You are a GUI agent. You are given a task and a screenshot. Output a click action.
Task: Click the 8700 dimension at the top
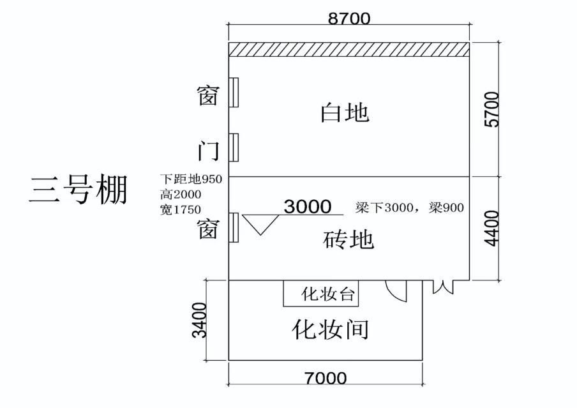pyautogui.click(x=348, y=19)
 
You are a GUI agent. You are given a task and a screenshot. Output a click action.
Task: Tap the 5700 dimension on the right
pyautogui.click(x=493, y=109)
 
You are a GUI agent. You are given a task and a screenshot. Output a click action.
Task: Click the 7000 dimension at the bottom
pyautogui.click(x=326, y=378)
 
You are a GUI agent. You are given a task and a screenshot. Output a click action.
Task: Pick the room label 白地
pyautogui.click(x=345, y=113)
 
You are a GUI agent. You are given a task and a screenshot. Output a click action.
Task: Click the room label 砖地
pyautogui.click(x=348, y=240)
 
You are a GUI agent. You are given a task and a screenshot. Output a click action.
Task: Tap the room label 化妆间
pyautogui.click(x=331, y=329)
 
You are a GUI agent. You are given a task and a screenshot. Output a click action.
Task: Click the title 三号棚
pyautogui.click(x=78, y=190)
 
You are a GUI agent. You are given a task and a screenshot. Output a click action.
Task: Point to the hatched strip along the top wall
pyautogui.click(x=349, y=49)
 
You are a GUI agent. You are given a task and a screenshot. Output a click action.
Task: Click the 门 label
pyautogui.click(x=209, y=151)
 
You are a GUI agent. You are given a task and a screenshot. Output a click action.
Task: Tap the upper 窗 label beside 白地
pyautogui.click(x=209, y=96)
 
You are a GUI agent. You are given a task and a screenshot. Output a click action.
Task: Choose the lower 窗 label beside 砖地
pyautogui.click(x=209, y=228)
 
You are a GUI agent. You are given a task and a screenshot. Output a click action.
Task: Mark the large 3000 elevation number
pyautogui.click(x=308, y=206)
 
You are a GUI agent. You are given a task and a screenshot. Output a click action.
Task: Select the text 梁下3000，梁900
pyautogui.click(x=410, y=208)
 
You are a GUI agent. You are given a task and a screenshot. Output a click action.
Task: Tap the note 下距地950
pyautogui.click(x=191, y=179)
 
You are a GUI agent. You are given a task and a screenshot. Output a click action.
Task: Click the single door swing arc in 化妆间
pyautogui.click(x=397, y=291)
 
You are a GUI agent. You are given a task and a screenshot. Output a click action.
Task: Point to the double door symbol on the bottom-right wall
pyautogui.click(x=443, y=287)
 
